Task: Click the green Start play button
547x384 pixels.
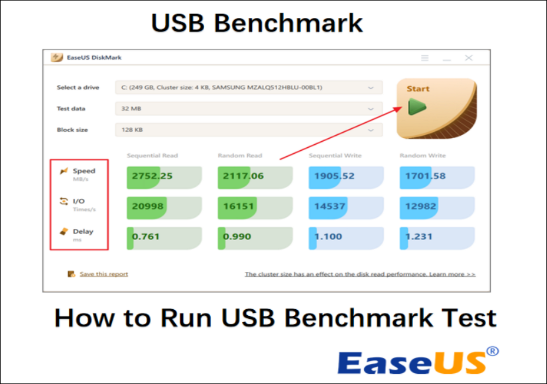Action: tap(417, 107)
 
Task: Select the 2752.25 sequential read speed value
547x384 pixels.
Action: tap(152, 176)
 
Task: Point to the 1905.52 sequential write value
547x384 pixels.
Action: tap(334, 176)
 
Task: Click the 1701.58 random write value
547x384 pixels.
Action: tap(425, 176)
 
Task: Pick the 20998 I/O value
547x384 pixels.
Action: tap(147, 207)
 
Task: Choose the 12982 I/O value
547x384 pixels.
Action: tap(421, 207)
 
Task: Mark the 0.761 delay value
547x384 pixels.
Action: tap(146, 237)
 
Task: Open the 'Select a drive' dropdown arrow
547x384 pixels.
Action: tap(371, 87)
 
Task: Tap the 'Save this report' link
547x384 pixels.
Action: tap(104, 274)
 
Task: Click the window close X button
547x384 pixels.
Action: tap(469, 58)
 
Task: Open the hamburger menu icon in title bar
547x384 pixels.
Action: tap(425, 58)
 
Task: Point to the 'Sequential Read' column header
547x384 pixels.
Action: tap(152, 156)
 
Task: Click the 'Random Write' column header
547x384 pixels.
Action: tap(423, 156)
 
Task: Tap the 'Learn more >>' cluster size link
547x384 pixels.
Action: tap(452, 274)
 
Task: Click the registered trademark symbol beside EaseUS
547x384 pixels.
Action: tap(493, 351)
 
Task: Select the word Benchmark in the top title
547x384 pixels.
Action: tap(288, 23)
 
